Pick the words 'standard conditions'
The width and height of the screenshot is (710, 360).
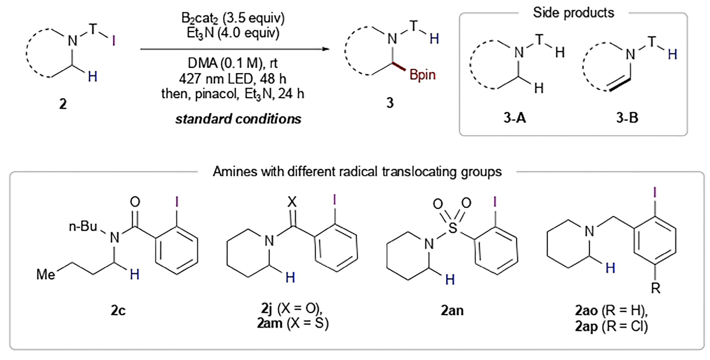point(239,119)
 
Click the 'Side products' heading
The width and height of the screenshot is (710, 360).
point(566,12)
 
